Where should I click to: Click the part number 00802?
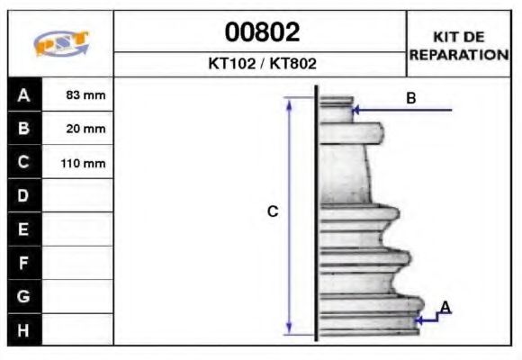tap(261, 32)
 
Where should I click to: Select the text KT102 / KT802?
tap(261, 65)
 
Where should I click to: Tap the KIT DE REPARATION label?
tap(459, 45)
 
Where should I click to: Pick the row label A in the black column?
tap(24, 94)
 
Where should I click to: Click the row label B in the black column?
tap(24, 128)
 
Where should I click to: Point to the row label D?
tap(24, 195)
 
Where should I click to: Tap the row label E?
tap(24, 229)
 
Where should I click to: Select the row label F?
tap(24, 263)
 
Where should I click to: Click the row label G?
tap(24, 296)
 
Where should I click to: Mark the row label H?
tap(24, 329)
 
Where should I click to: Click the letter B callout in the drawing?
tap(411, 99)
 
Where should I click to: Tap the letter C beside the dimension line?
tap(273, 212)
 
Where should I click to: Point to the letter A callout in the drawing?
tap(445, 308)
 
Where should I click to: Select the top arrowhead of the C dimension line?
tap(289, 103)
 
